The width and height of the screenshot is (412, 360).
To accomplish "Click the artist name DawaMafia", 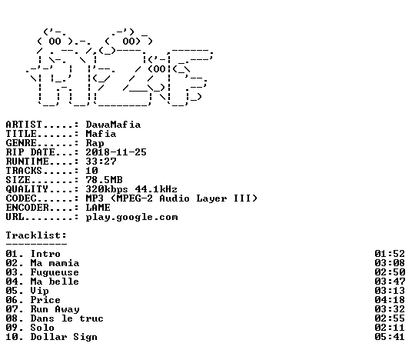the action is [113, 125].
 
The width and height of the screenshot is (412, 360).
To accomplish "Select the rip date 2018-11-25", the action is [116, 152].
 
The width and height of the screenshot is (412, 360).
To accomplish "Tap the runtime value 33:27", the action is [101, 162].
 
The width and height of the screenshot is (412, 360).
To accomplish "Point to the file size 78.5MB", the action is [104, 180].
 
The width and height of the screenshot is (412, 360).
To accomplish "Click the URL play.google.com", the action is [131, 217].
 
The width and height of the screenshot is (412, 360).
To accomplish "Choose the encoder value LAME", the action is [98, 208].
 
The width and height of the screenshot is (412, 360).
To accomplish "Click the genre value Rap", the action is [95, 143].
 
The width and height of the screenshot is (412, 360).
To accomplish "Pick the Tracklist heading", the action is [36, 235].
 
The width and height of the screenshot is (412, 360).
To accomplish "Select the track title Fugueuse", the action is [55, 272].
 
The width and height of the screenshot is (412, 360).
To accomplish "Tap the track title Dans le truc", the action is [67, 318].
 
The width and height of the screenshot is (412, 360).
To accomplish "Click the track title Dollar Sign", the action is [64, 337].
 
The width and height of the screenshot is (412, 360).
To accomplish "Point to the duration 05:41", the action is [390, 337].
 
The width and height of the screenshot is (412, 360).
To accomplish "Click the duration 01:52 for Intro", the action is [390, 254].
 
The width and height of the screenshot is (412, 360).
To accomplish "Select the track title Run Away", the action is [55, 309].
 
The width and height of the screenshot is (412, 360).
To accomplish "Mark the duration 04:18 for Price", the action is [390, 300].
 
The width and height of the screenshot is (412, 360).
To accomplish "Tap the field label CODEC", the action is [22, 198].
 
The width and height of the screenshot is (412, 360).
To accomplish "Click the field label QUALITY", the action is [28, 189].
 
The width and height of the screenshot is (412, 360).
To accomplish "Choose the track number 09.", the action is [12, 328].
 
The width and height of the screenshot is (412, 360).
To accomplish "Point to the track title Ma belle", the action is [55, 282].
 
